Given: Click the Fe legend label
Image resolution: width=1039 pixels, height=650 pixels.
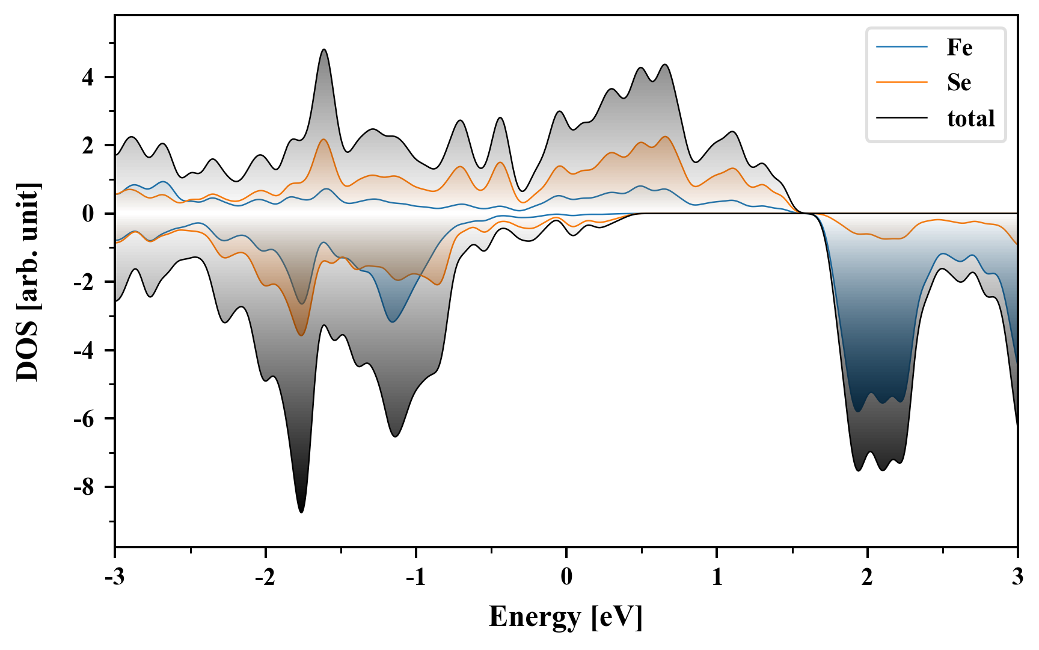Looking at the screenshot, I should [x=959, y=48].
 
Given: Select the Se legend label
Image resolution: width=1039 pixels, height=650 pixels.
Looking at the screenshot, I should [x=959, y=82].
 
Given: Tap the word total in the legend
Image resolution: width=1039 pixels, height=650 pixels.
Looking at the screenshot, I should [x=971, y=118].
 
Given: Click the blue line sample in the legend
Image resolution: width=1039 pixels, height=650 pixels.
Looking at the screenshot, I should [x=902, y=48].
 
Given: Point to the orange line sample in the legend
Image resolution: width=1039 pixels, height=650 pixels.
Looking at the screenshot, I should [x=902, y=82].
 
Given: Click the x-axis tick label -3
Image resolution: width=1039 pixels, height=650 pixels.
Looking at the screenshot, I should [x=115, y=577].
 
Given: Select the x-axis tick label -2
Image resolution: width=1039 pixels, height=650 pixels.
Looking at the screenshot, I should [x=265, y=577].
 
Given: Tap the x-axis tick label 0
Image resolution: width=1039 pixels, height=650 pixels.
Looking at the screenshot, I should [x=566, y=577].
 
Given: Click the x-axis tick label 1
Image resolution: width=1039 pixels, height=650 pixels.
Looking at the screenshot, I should [x=717, y=577].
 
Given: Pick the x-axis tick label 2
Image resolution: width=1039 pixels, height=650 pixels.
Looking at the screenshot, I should [x=867, y=577].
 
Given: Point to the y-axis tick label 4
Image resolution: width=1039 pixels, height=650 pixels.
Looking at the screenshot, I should [x=88, y=78].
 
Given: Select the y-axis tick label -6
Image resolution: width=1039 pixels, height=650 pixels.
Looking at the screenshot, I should [x=84, y=419].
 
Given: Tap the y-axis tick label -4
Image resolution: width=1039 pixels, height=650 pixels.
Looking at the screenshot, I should [x=84, y=350].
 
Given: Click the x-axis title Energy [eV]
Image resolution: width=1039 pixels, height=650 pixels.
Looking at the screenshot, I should [x=566, y=617].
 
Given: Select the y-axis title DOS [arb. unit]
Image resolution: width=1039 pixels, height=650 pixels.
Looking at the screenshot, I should [x=28, y=282].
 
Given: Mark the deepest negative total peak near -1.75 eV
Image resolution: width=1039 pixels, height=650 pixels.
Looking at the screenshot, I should [x=301, y=512].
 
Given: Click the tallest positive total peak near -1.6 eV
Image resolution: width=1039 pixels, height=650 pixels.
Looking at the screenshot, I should [x=324, y=50].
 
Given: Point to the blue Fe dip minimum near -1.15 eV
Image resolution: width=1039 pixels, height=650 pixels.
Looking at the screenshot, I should [x=392, y=321].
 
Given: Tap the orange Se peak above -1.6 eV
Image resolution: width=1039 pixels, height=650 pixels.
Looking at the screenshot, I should [x=324, y=140].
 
